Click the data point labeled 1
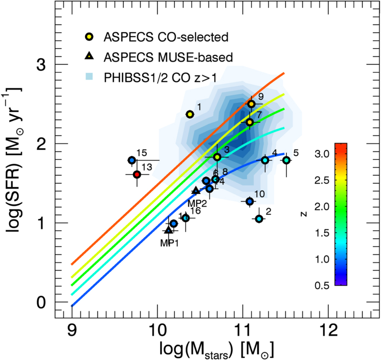pyautogui.click(x=190, y=114)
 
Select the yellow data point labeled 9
pyautogui.click(x=251, y=104)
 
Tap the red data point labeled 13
pyautogui.click(x=137, y=174)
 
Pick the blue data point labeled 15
pyautogui.click(x=131, y=160)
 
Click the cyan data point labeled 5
pyautogui.click(x=286, y=160)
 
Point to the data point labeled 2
pyautogui.click(x=259, y=219)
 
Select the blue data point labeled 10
pyautogui.click(x=250, y=201)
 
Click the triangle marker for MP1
pyautogui.click(x=168, y=230)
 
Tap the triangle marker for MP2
pyautogui.click(x=195, y=191)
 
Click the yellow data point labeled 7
pyautogui.click(x=250, y=122)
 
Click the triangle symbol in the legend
pyautogui.click(x=90, y=56)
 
